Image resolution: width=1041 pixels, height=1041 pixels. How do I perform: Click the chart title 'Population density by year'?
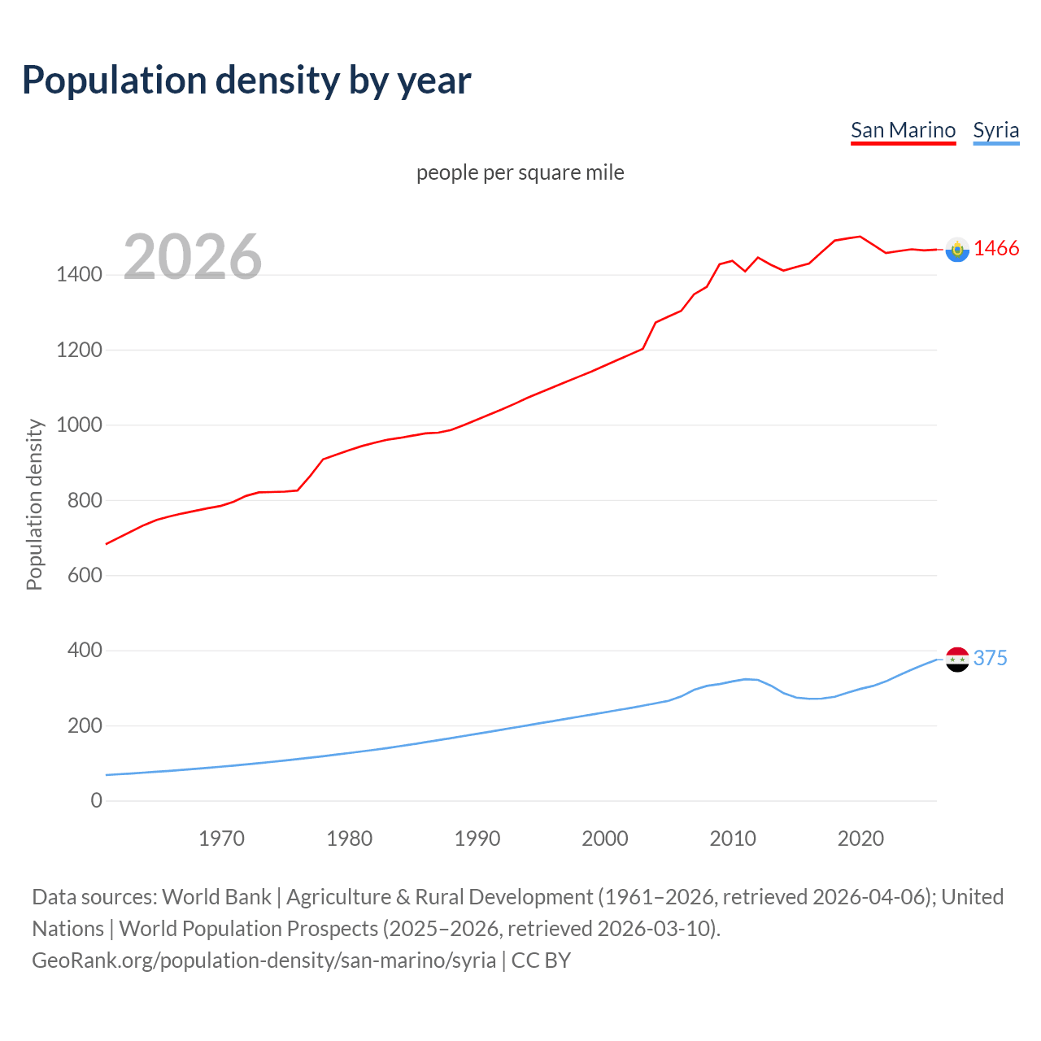(x=246, y=81)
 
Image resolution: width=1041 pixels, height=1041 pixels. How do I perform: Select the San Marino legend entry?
(x=903, y=130)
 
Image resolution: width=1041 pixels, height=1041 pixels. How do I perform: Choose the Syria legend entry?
(x=995, y=130)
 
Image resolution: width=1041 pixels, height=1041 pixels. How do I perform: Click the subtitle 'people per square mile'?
(x=520, y=172)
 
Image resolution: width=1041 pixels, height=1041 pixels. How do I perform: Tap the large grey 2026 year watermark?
(x=193, y=257)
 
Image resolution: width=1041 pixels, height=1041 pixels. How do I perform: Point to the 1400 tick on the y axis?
(x=79, y=275)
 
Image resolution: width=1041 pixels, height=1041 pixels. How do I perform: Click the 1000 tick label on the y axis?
(x=79, y=425)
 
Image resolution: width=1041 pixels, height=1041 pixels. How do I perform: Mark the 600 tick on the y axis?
(x=85, y=576)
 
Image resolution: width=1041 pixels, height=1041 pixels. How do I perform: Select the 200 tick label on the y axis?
(x=85, y=725)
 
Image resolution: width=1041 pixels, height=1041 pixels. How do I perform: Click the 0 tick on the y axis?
(x=97, y=801)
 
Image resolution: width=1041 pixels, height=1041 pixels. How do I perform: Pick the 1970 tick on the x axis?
(x=221, y=838)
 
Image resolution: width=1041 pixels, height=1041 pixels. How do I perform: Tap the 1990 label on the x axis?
(x=477, y=838)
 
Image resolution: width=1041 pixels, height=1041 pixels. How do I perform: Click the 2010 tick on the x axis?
(x=733, y=838)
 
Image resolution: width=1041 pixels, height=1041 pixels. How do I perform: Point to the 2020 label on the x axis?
(x=860, y=838)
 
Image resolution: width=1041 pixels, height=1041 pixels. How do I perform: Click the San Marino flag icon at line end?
(x=957, y=250)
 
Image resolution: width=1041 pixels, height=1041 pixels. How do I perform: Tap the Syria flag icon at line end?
(x=957, y=659)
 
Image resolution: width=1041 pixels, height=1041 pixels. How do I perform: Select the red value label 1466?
(x=996, y=249)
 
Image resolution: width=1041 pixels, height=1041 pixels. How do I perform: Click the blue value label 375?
(x=990, y=658)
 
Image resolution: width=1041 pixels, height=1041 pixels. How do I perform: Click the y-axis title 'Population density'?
(x=34, y=504)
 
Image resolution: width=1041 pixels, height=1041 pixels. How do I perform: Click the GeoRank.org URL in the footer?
(x=264, y=960)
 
